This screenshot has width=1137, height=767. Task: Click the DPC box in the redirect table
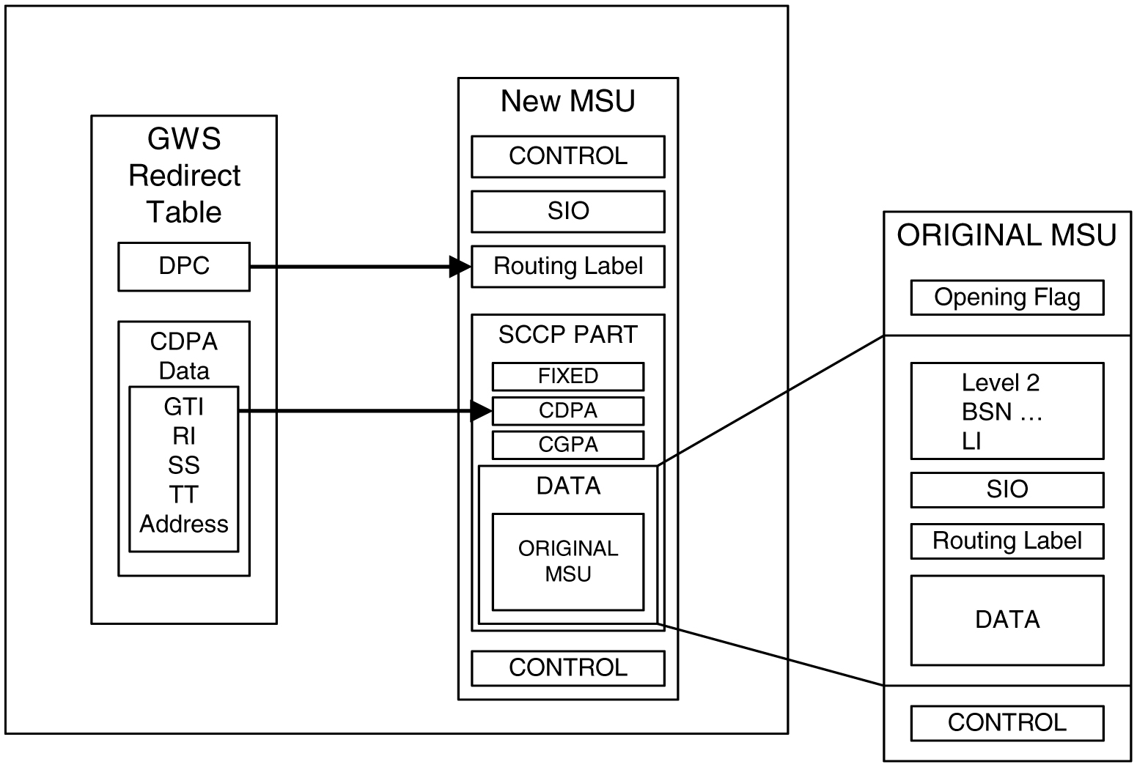(x=184, y=267)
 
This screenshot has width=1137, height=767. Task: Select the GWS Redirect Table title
(x=184, y=176)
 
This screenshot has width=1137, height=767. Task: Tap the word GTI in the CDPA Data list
(x=184, y=407)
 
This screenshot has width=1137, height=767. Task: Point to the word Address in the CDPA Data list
(x=184, y=525)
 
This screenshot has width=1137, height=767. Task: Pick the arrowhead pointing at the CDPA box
(x=482, y=411)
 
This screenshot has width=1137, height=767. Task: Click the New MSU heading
(x=567, y=101)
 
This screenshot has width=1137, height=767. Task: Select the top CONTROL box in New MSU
(x=567, y=156)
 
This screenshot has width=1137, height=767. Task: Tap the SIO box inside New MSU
(x=567, y=211)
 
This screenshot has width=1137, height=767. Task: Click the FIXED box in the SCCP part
(x=567, y=377)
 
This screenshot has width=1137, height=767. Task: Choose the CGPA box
(x=567, y=445)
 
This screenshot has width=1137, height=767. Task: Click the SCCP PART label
(x=567, y=335)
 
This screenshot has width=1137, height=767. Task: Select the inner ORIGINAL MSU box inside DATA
(x=567, y=561)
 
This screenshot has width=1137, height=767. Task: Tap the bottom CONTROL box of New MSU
(x=567, y=667)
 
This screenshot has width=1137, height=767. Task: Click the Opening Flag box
(x=1007, y=297)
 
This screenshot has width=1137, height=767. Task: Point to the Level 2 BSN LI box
(x=1007, y=411)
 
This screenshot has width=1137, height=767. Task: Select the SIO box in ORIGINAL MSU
(x=1007, y=489)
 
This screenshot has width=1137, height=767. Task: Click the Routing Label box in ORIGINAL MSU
(x=1007, y=541)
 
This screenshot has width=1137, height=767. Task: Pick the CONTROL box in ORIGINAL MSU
(x=1007, y=723)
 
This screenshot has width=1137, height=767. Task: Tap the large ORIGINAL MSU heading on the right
(x=1007, y=236)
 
